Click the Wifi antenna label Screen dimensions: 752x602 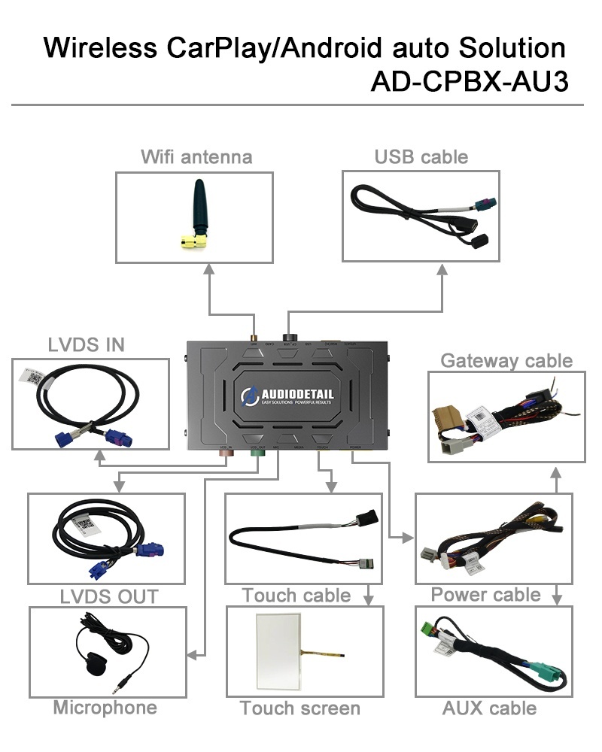(x=196, y=157)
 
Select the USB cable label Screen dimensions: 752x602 (x=421, y=157)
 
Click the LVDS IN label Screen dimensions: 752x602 (x=87, y=345)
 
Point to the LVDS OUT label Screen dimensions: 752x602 (x=109, y=596)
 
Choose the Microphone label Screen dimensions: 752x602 (x=105, y=708)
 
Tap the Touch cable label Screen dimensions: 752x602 (x=296, y=596)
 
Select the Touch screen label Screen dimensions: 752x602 (x=300, y=708)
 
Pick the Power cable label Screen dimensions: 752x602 (x=485, y=595)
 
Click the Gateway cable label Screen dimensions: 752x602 (x=506, y=360)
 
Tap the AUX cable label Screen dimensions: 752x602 (x=490, y=708)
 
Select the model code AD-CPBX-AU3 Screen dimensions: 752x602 (x=468, y=81)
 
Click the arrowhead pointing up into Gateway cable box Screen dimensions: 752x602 (x=555, y=472)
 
